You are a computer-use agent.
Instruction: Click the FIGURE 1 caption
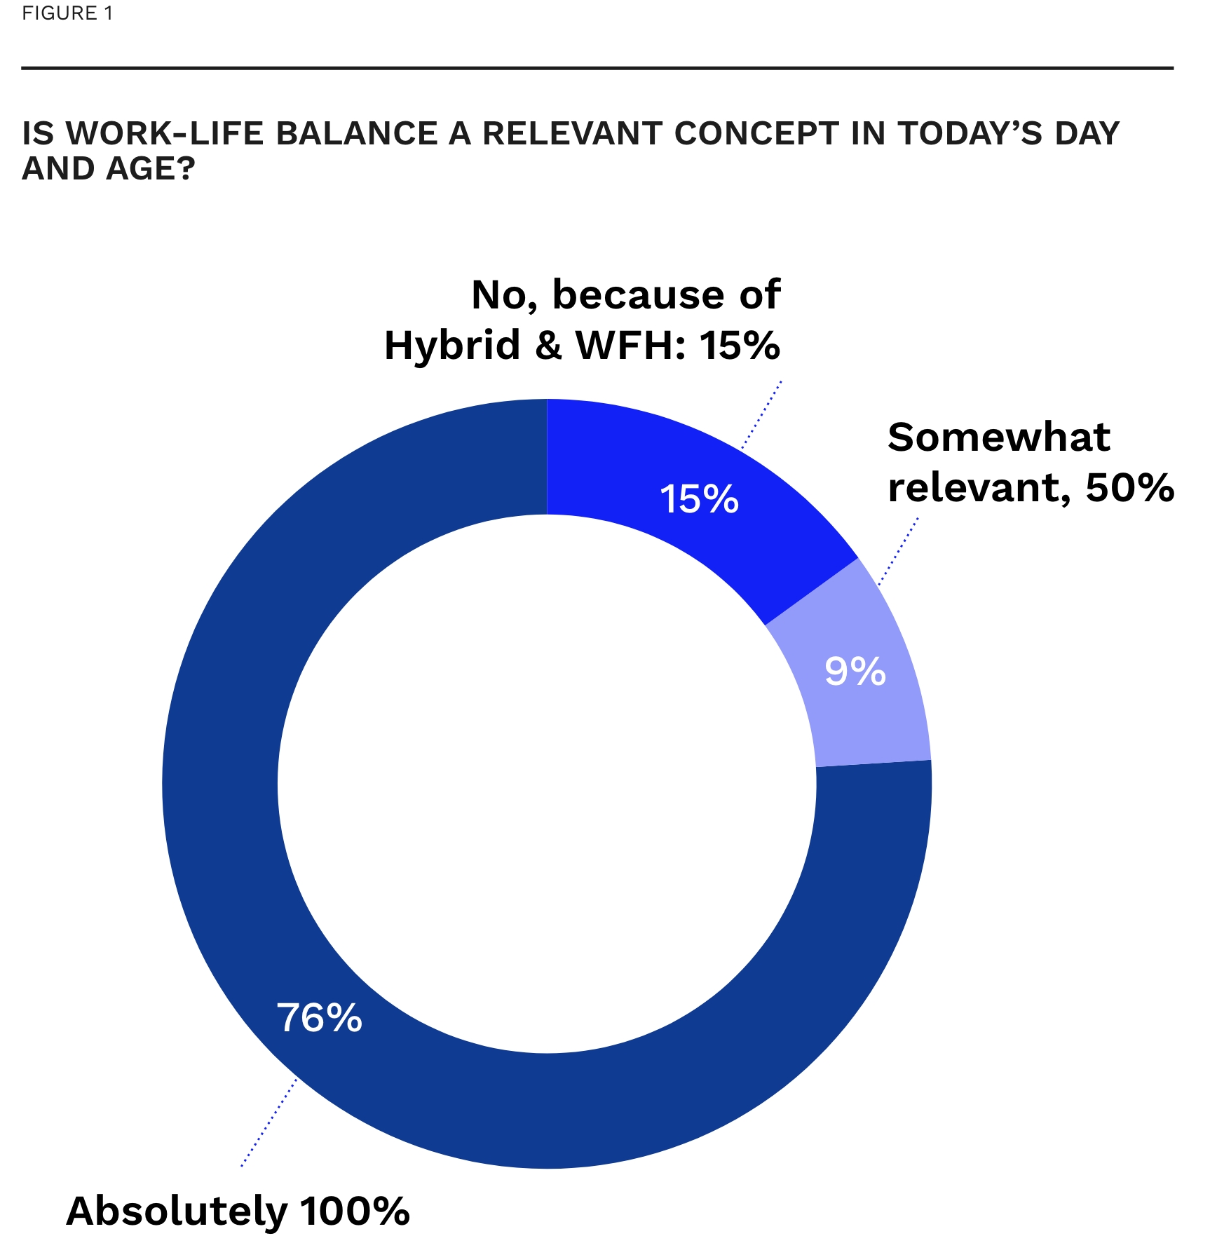click(67, 13)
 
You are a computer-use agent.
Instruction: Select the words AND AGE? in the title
click(108, 168)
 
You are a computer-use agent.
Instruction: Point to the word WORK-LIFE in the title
click(165, 133)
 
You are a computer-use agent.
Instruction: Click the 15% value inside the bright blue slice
click(699, 499)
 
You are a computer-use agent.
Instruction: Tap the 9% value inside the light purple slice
click(855, 671)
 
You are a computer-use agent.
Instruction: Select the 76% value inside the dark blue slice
click(319, 1017)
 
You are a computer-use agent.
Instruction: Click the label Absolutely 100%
click(238, 1210)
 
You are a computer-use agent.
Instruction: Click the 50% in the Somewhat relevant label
click(1129, 487)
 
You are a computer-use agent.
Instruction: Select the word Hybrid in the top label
click(452, 345)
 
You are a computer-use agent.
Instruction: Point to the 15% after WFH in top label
click(740, 345)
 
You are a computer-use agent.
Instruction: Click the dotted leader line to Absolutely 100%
click(268, 1122)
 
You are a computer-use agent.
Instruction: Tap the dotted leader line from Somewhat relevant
click(899, 551)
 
